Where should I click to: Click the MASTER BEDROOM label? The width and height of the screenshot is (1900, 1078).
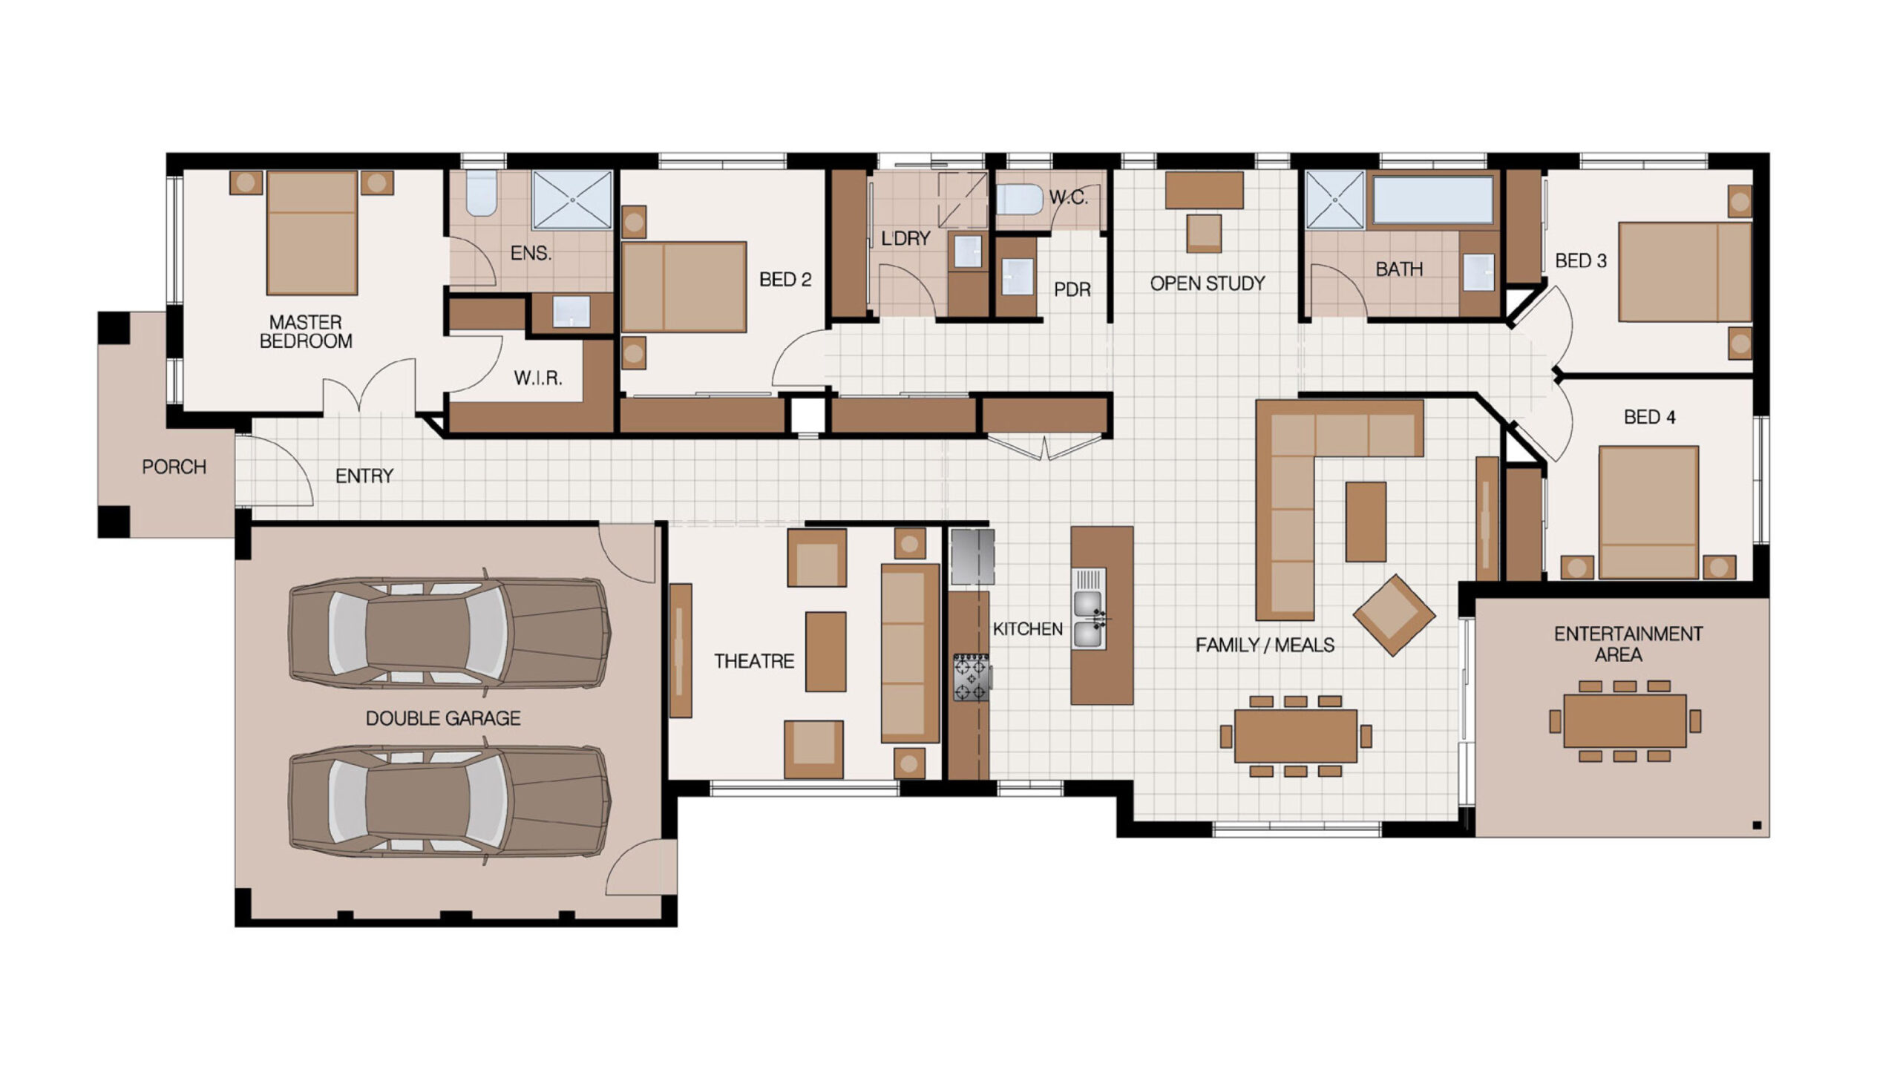coord(306,332)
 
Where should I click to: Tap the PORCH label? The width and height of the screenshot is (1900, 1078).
coord(174,467)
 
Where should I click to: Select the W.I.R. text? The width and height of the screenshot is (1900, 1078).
coord(538,378)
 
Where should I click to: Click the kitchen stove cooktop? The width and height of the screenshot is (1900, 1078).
coord(972,677)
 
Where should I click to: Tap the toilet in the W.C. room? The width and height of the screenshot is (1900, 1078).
coord(1019,200)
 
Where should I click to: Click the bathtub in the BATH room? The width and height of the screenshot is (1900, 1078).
coord(1432,199)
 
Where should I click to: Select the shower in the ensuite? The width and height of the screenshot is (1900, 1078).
coord(572,200)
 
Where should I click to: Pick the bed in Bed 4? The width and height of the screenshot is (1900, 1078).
coord(1648,512)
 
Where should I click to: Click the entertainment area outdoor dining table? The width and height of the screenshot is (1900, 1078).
coord(1625,720)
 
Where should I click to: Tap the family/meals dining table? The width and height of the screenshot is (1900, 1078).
coord(1295,736)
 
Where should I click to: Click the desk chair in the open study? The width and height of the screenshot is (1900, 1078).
coord(1203,234)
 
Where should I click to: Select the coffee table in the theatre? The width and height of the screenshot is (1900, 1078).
coord(825,651)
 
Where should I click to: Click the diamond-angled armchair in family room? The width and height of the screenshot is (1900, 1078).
coord(1394,615)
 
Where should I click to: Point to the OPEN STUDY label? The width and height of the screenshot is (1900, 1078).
coord(1208,283)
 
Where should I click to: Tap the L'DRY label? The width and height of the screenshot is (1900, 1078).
coord(905,238)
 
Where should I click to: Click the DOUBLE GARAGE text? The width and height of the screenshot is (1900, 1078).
coord(443,718)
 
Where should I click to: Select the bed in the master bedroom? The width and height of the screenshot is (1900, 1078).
coord(312,233)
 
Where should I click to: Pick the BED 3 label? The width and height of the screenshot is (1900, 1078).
coord(1581,261)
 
